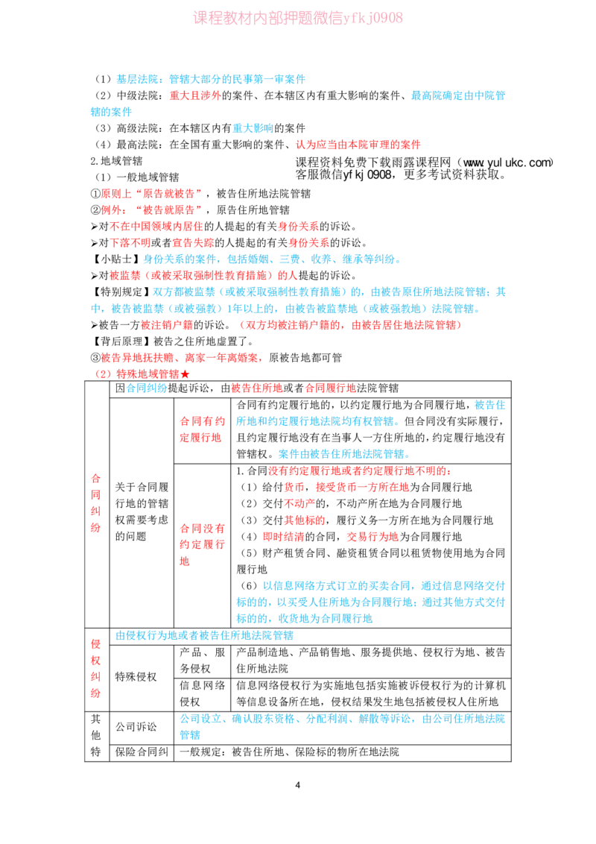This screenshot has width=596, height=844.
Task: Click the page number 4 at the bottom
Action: (297, 785)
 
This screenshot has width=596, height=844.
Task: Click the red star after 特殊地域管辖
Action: (185, 374)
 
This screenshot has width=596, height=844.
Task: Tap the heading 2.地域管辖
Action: (117, 161)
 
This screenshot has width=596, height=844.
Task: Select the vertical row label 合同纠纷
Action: (96, 503)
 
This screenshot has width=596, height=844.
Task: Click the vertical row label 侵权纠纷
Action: (96, 669)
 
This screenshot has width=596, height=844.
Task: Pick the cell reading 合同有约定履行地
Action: (202, 429)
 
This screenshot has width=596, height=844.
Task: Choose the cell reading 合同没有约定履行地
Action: (202, 545)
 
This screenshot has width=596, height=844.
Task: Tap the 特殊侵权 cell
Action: (136, 676)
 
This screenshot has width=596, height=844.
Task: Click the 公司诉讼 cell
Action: (136, 727)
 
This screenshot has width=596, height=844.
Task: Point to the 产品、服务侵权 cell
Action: (202, 661)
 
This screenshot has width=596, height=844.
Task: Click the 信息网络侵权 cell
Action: (202, 693)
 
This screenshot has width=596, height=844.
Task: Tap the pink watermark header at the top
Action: (298, 18)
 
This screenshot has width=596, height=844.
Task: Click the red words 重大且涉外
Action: (195, 95)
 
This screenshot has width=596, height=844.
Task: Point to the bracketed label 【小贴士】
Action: (117, 259)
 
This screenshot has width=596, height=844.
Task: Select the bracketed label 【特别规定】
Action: (121, 292)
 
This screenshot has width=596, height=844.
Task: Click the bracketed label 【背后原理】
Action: (121, 341)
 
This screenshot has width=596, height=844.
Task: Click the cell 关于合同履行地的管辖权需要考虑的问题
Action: (142, 511)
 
